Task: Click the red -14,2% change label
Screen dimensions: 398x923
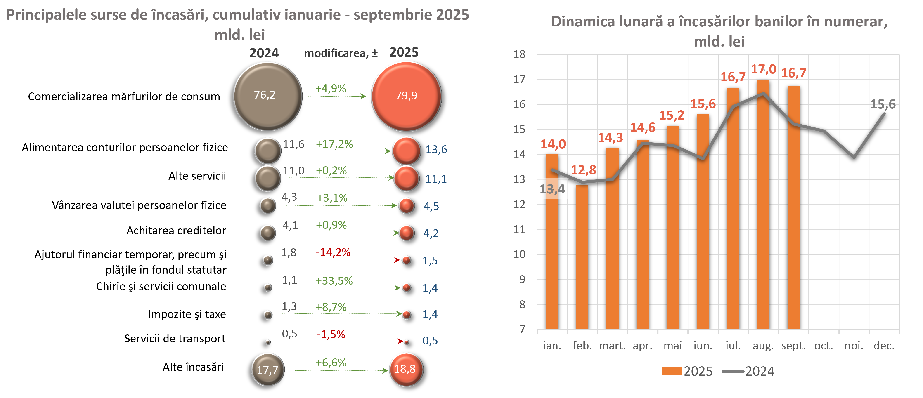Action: [333, 252]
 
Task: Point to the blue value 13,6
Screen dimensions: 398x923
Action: [436, 149]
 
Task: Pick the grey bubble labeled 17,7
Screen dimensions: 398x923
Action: [268, 369]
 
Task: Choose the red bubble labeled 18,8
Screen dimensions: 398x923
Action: [406, 369]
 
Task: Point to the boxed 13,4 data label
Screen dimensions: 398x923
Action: [552, 189]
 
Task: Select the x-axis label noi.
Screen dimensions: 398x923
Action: [854, 346]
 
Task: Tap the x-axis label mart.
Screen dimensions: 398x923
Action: [612, 346]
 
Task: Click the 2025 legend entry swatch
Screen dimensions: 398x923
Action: [671, 371]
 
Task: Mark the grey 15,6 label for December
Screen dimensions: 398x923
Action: [883, 104]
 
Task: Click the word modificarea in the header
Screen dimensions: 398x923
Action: [336, 53]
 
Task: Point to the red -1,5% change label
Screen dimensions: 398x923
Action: [331, 334]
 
